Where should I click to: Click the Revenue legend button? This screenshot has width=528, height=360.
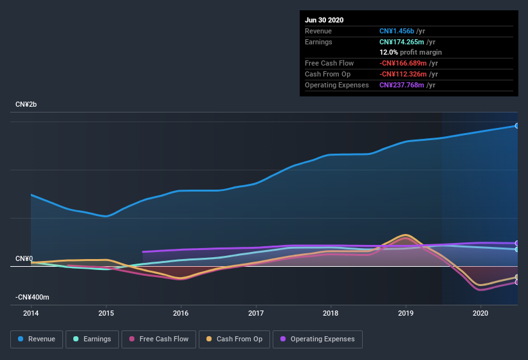pyautogui.click(x=37, y=339)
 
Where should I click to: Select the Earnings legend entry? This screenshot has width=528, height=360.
pyautogui.click(x=91, y=339)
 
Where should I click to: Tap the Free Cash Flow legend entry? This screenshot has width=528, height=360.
pyautogui.click(x=158, y=339)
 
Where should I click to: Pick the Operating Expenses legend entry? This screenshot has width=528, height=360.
pyautogui.click(x=317, y=339)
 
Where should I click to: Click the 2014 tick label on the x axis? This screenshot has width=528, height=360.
pyautogui.click(x=31, y=313)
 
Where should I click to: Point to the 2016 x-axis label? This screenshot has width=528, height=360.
pyautogui.click(x=181, y=313)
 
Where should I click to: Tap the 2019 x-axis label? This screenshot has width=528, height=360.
pyautogui.click(x=406, y=313)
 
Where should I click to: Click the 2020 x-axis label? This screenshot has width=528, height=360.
pyautogui.click(x=480, y=313)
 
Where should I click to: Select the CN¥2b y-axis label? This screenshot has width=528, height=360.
pyautogui.click(x=27, y=104)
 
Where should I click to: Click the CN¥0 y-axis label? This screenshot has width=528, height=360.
pyautogui.click(x=24, y=258)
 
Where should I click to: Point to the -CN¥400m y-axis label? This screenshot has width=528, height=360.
pyautogui.click(x=32, y=298)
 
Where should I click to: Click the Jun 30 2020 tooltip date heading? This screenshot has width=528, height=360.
pyautogui.click(x=324, y=20)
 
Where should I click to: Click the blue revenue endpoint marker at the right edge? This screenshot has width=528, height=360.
pyautogui.click(x=517, y=125)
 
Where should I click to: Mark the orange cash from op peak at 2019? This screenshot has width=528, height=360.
pyautogui.click(x=405, y=235)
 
